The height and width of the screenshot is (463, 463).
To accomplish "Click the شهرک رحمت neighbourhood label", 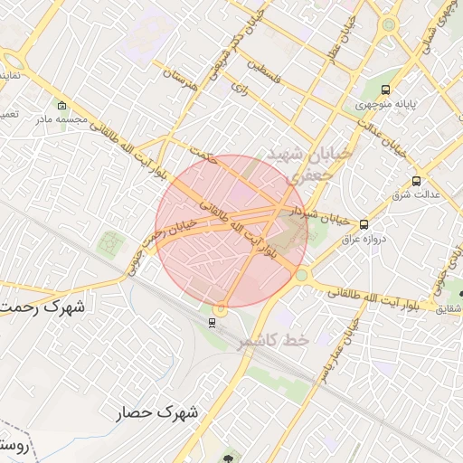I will point(42,307).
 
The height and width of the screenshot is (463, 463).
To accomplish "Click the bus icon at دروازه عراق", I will point(364,224).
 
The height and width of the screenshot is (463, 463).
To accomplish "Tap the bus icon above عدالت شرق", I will point(416,181).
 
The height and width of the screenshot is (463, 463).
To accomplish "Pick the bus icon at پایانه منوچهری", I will point(386,90).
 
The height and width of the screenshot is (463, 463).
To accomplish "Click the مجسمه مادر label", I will point(61,118).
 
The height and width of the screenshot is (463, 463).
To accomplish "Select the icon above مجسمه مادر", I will point(61,105).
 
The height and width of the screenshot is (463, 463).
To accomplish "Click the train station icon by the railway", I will point(212,322).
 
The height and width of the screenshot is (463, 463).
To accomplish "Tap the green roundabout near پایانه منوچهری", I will point(389,24).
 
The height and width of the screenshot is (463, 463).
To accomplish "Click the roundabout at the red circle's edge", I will point(301,274).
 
